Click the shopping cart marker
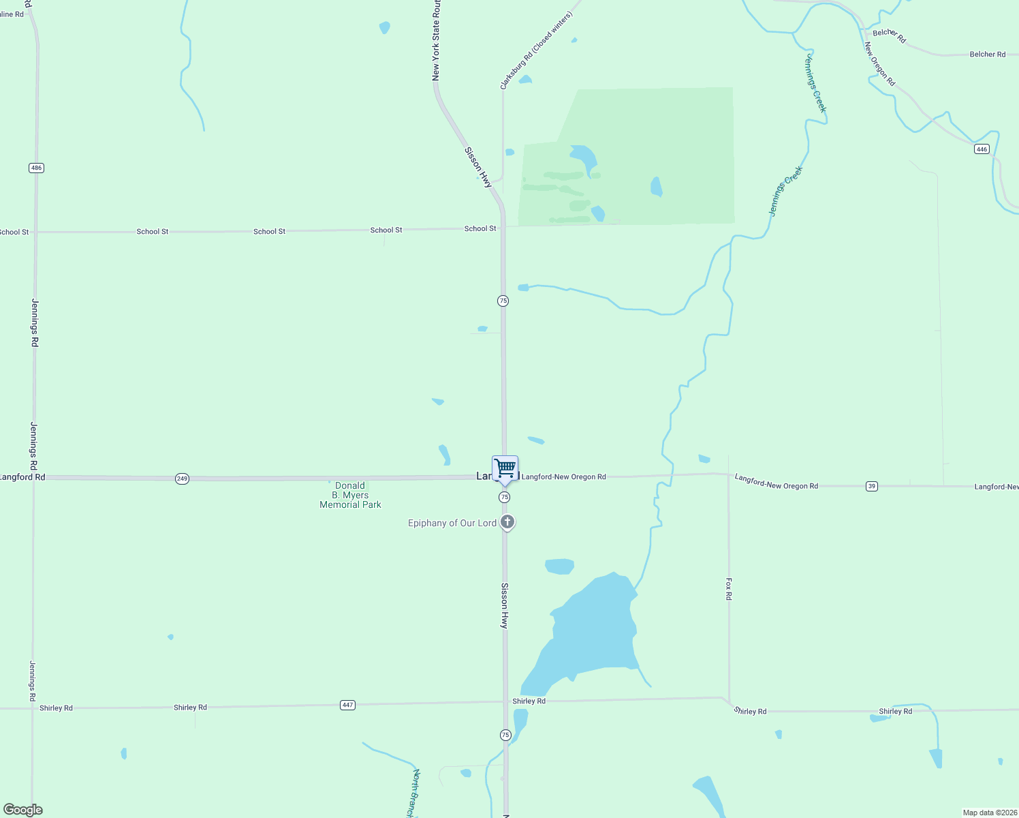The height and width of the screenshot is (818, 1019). (x=505, y=469)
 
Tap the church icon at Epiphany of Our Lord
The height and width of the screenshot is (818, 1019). (x=507, y=522)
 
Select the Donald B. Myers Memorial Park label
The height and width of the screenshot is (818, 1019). (x=350, y=495)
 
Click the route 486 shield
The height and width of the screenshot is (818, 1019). (x=36, y=168)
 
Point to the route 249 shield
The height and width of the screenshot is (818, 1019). (x=182, y=479)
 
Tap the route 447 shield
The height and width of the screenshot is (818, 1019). (x=348, y=705)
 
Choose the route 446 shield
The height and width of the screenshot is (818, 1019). (x=982, y=149)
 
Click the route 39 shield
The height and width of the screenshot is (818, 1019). (x=872, y=486)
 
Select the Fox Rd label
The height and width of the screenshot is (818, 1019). (x=729, y=589)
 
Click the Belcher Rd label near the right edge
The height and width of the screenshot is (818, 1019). (x=987, y=55)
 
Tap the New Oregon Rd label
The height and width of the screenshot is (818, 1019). (x=879, y=64)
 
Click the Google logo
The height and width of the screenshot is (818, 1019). (x=22, y=810)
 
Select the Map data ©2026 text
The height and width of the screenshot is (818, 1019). (x=990, y=813)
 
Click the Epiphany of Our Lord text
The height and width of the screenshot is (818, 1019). (x=452, y=523)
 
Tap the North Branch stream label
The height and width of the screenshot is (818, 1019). (x=413, y=793)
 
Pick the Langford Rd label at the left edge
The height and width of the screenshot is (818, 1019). (x=22, y=477)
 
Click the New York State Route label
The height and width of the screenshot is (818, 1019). (x=436, y=41)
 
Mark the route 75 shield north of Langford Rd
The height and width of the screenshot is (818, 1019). (x=503, y=301)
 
